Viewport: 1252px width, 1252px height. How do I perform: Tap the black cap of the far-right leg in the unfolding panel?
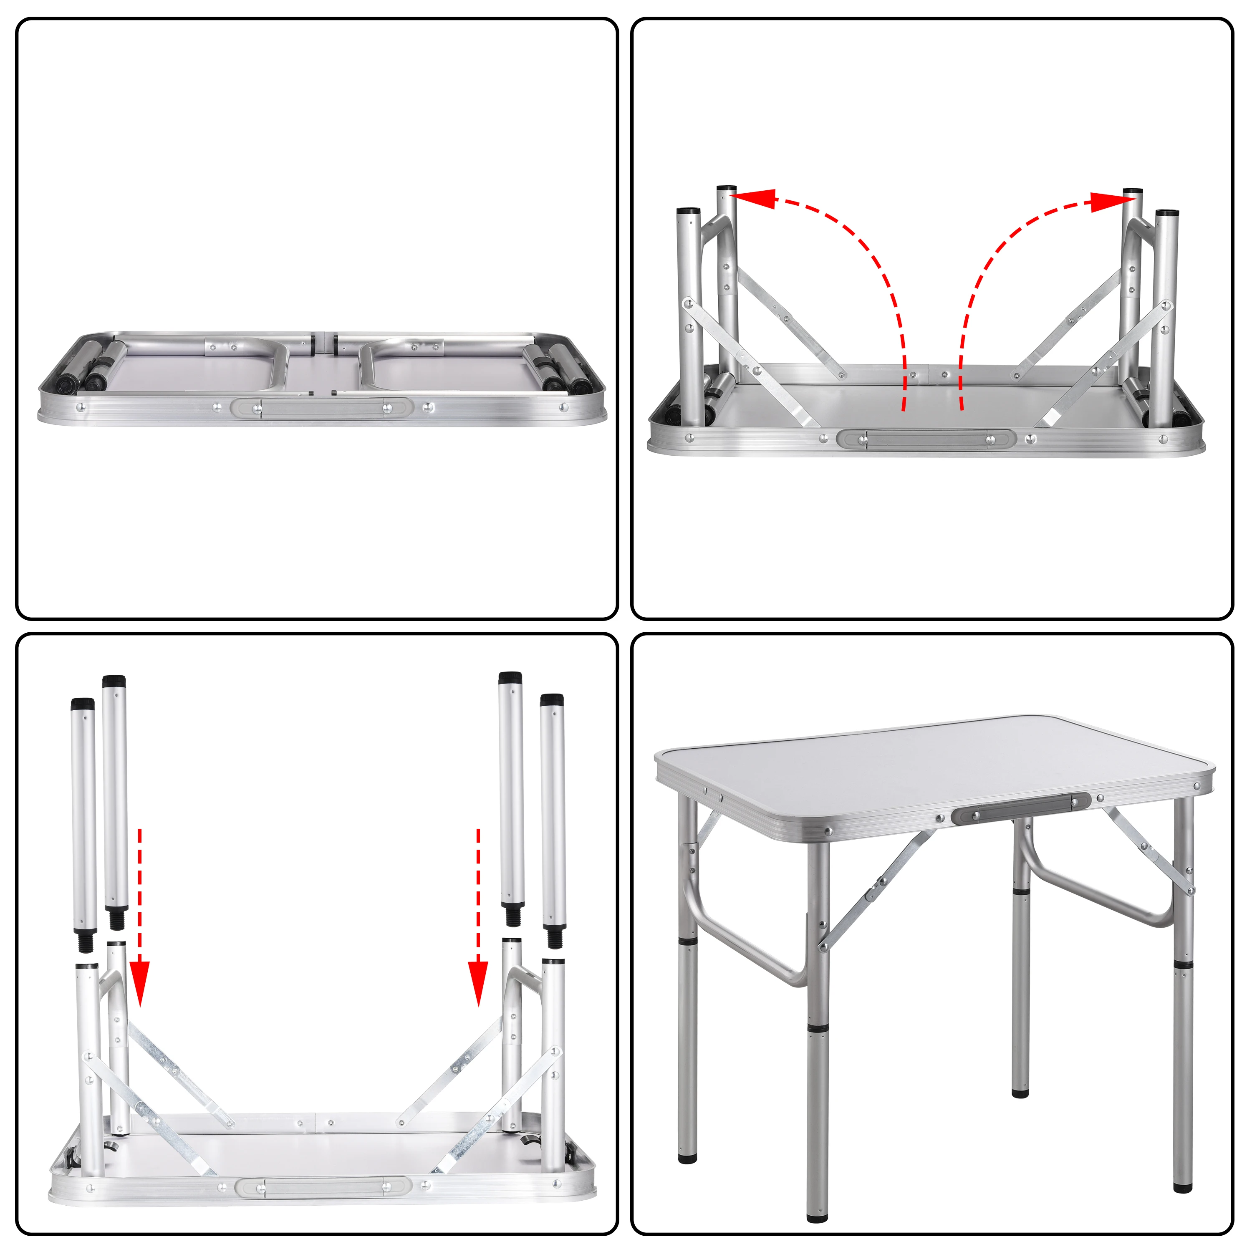pos(1166,212)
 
